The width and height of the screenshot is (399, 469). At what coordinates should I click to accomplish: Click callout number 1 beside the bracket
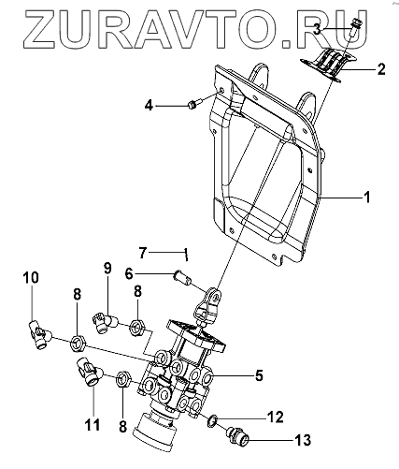367,198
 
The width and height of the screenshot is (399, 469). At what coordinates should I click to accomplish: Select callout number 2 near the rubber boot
381,69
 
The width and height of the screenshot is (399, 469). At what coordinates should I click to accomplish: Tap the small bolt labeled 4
194,104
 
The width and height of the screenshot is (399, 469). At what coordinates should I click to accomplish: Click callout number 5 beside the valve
259,375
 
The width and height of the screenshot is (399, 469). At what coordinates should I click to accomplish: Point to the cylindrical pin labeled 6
183,277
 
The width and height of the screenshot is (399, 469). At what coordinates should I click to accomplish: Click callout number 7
142,253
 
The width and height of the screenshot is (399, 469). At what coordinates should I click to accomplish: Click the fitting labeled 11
90,373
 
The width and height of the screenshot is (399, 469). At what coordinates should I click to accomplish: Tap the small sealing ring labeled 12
212,421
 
